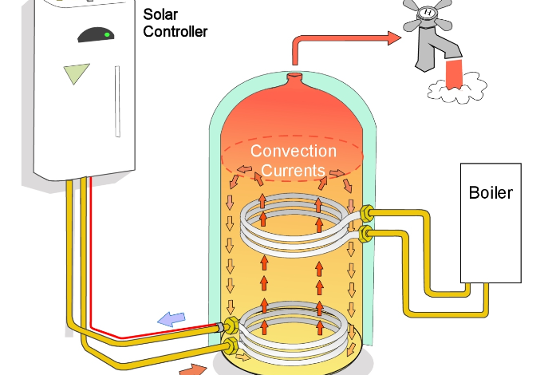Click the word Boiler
[x=491, y=193]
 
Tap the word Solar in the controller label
[x=160, y=14]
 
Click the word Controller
[x=175, y=32]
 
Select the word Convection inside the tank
[x=293, y=151]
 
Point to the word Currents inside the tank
[x=293, y=169]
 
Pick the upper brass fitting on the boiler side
[x=367, y=214]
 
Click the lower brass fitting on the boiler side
[x=367, y=233]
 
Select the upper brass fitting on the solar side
[x=230, y=326]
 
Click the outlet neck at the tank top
[x=295, y=80]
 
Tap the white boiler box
[x=491, y=231]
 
